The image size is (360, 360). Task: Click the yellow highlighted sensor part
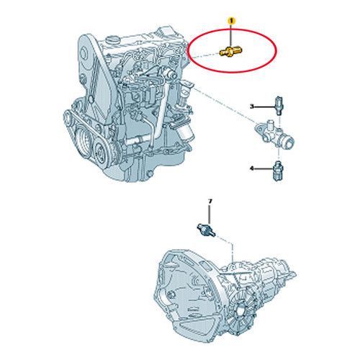point(231,51)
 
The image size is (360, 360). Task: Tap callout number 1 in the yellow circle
point(231,21)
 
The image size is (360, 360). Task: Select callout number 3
point(252,106)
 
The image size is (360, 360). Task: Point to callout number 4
point(252,168)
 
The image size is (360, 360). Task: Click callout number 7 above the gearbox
point(210,202)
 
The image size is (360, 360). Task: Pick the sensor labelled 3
point(279,106)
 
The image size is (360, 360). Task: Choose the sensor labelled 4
point(279,171)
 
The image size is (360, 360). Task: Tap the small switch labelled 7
point(206,230)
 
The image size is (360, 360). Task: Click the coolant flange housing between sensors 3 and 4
point(275,135)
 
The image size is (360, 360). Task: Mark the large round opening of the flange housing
point(289,141)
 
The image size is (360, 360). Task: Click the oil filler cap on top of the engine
point(113,39)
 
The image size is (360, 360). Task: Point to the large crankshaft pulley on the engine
point(84,139)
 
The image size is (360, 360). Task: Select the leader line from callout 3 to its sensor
point(264,107)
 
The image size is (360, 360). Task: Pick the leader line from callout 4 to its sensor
point(264,169)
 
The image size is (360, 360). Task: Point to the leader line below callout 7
point(210,215)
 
